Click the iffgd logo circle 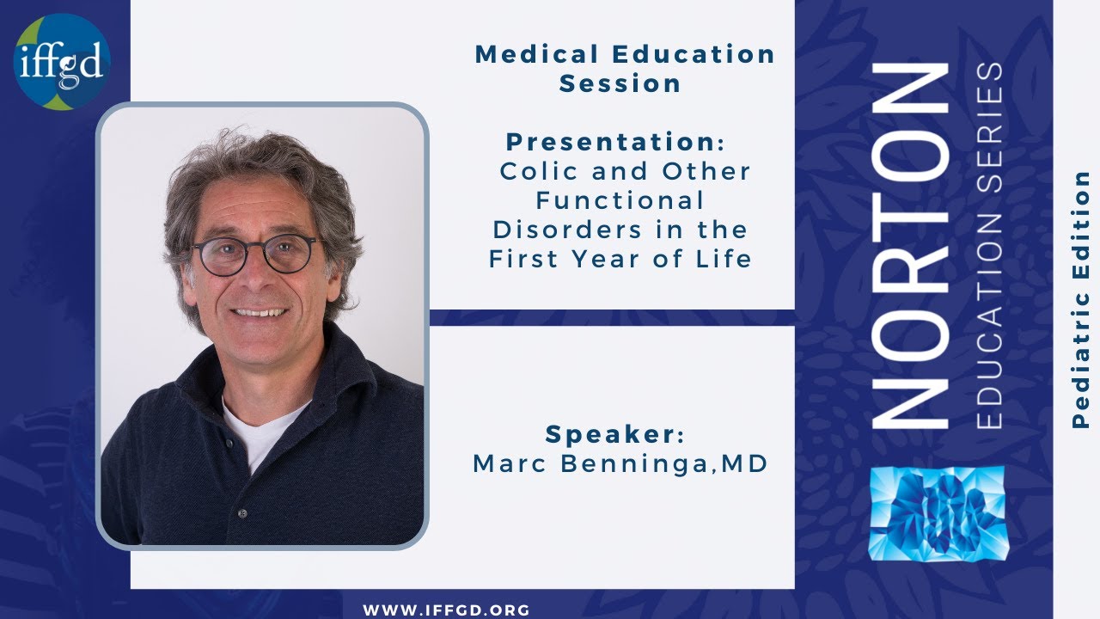tap(62, 62)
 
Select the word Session tap(620, 83)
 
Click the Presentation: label tap(615, 141)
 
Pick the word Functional tap(620, 200)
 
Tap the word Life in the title tap(728, 259)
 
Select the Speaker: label tap(615, 434)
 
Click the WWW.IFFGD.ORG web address tap(447, 610)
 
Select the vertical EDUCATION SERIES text tap(989, 245)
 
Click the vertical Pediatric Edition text tap(1081, 299)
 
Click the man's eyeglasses tap(254, 254)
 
